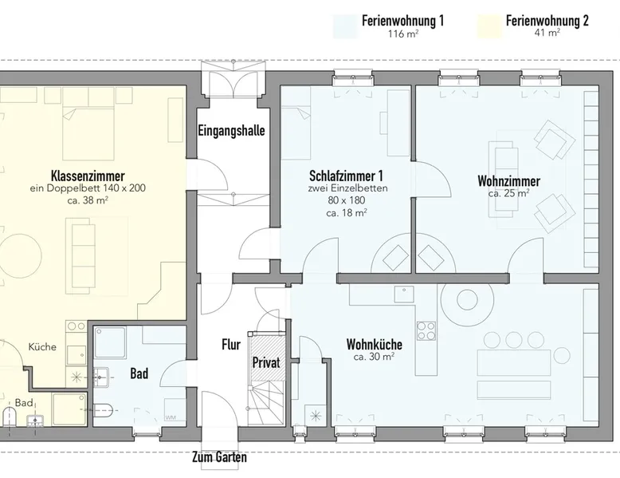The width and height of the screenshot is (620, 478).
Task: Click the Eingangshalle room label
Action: tap(231, 130)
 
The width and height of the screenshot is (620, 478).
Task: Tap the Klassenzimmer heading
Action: tap(88, 176)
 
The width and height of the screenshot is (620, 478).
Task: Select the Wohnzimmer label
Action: tap(509, 181)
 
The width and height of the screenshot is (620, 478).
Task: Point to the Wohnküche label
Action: tap(374, 344)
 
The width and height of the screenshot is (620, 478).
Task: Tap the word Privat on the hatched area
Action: tap(266, 362)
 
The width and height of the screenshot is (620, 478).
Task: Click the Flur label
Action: tap(231, 345)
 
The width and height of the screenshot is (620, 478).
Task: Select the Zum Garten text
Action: tap(219, 457)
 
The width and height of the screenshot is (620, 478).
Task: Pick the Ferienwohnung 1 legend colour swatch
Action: tap(346, 26)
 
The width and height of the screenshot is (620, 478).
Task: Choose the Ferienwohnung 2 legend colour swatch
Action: tap(489, 26)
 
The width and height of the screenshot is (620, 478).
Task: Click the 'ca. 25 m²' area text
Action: tap(509, 193)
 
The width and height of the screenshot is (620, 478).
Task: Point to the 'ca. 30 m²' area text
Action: tap(374, 357)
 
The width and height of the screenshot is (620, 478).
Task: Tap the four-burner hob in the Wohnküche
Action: tap(426, 330)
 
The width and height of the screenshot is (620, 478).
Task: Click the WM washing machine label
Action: tap(171, 417)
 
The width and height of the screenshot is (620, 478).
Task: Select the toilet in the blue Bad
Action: tap(104, 409)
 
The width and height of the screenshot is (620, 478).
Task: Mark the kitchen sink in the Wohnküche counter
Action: tap(404, 294)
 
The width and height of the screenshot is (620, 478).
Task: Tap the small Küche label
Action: tap(42, 347)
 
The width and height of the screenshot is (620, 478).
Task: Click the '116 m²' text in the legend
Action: tap(403, 34)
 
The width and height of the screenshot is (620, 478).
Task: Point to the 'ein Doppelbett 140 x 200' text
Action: tap(88, 188)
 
